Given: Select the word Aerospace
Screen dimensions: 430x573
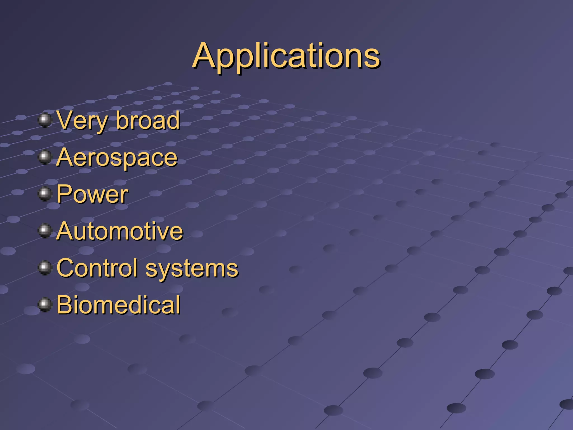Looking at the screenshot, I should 117,158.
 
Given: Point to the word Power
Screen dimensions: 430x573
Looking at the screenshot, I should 92,194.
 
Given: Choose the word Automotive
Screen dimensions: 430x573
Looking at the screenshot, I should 120,231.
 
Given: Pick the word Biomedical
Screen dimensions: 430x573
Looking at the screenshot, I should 118,305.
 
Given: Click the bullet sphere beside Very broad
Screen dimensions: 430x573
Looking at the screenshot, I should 45,120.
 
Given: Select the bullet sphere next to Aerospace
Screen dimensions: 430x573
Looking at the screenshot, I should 45,157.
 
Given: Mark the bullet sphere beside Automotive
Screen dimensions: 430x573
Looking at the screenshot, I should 45,231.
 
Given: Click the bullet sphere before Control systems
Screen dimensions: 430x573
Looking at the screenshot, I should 45,268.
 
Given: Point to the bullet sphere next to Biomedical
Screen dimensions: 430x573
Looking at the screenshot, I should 45,305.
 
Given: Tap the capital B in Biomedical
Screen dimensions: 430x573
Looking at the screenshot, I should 65,305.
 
